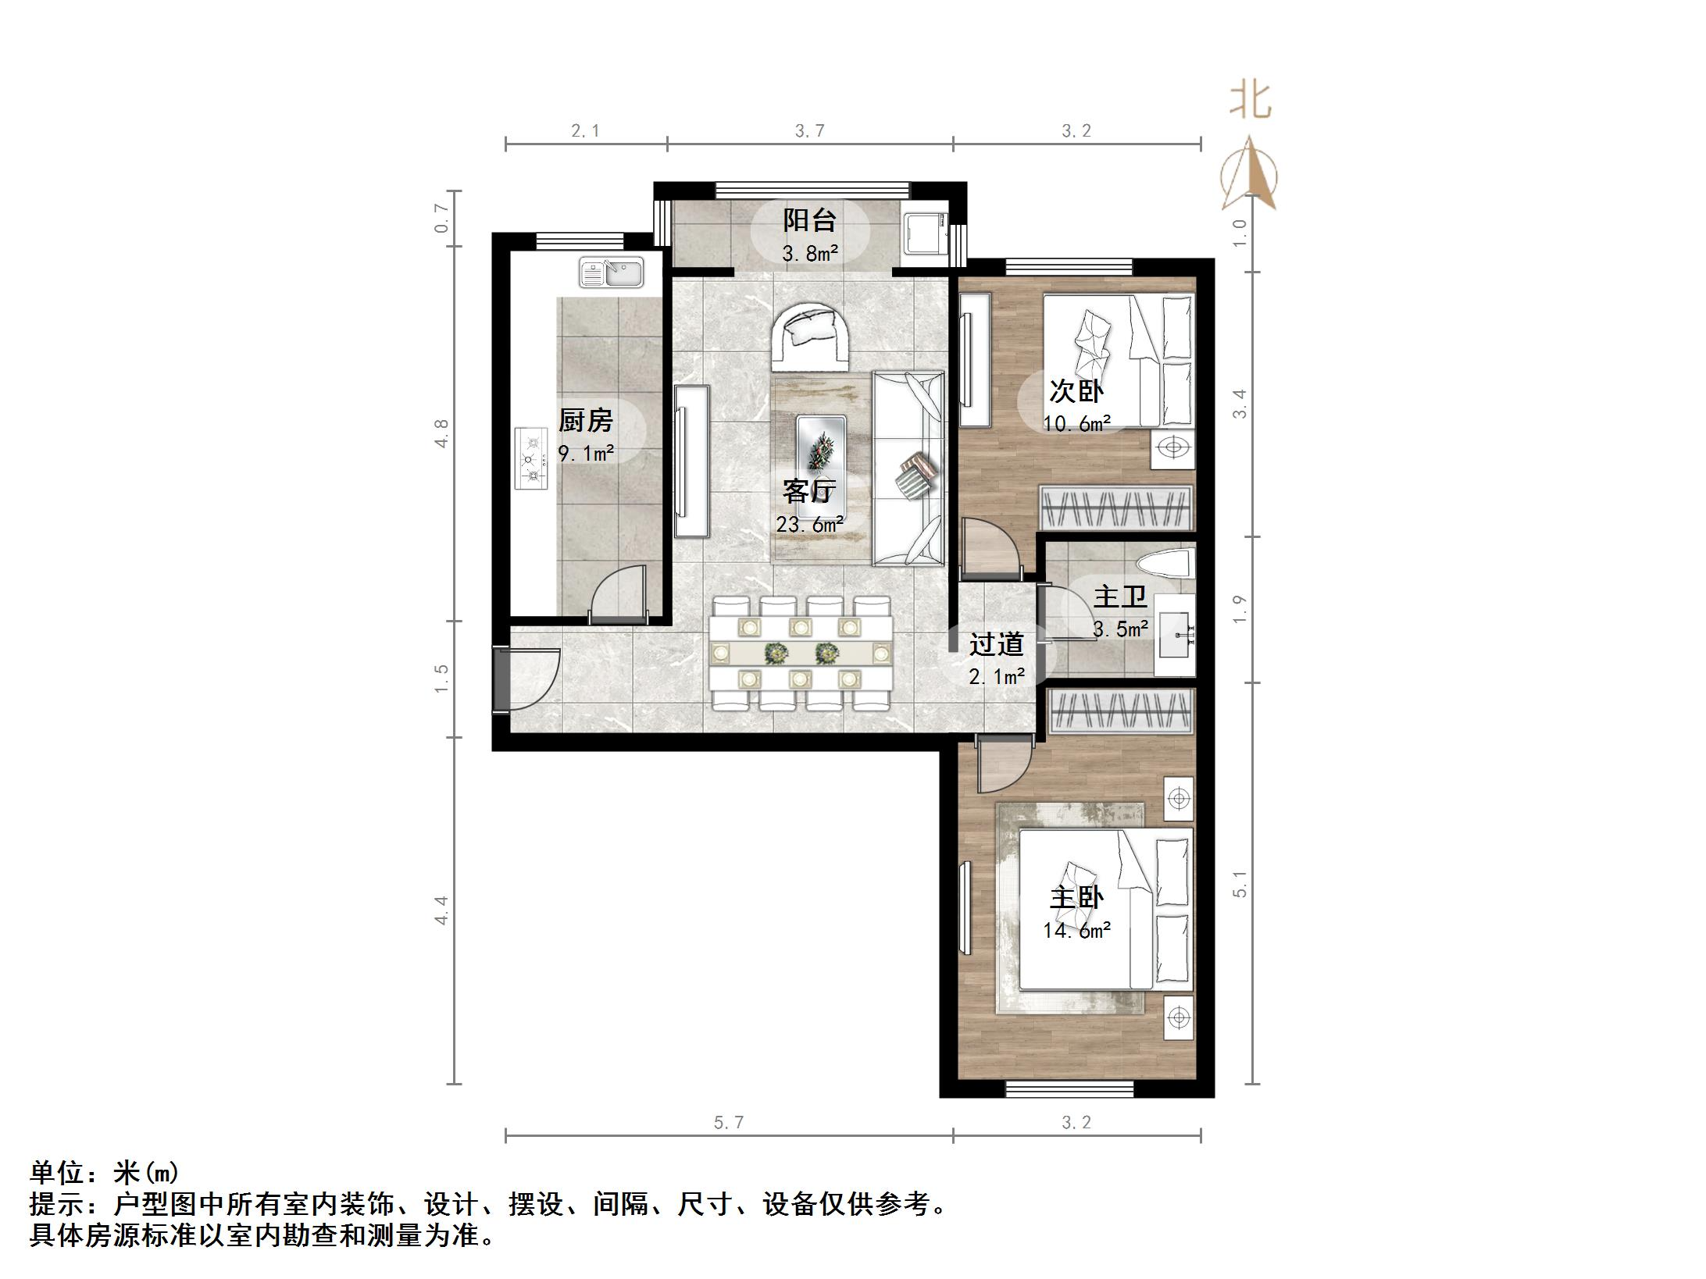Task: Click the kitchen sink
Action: pyautogui.click(x=611, y=273)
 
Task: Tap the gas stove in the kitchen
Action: pyautogui.click(x=530, y=458)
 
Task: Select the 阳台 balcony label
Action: pyautogui.click(x=809, y=220)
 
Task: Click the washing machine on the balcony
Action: pyautogui.click(x=924, y=233)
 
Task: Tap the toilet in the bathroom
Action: pyautogui.click(x=1165, y=563)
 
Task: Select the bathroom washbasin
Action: pyautogui.click(x=1174, y=635)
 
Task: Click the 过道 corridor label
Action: pyautogui.click(x=996, y=644)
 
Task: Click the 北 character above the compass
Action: pyautogui.click(x=1251, y=102)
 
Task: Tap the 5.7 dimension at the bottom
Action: pyautogui.click(x=728, y=1122)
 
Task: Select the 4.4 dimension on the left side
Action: pyautogui.click(x=441, y=910)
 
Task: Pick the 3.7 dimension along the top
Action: pyautogui.click(x=809, y=130)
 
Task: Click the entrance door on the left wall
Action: pyautogui.click(x=526, y=679)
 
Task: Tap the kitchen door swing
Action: pyautogui.click(x=619, y=594)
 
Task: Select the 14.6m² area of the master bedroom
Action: pyautogui.click(x=1076, y=930)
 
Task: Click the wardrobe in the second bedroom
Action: pyautogui.click(x=1115, y=508)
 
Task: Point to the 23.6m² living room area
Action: pyautogui.click(x=809, y=524)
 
